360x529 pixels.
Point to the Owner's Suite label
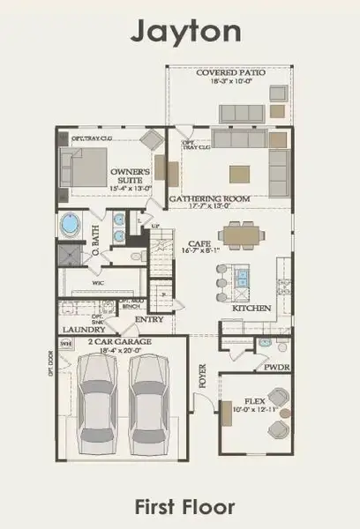click(x=130, y=175)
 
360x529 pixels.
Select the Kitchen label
click(x=244, y=309)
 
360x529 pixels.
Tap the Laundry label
click(x=78, y=331)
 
